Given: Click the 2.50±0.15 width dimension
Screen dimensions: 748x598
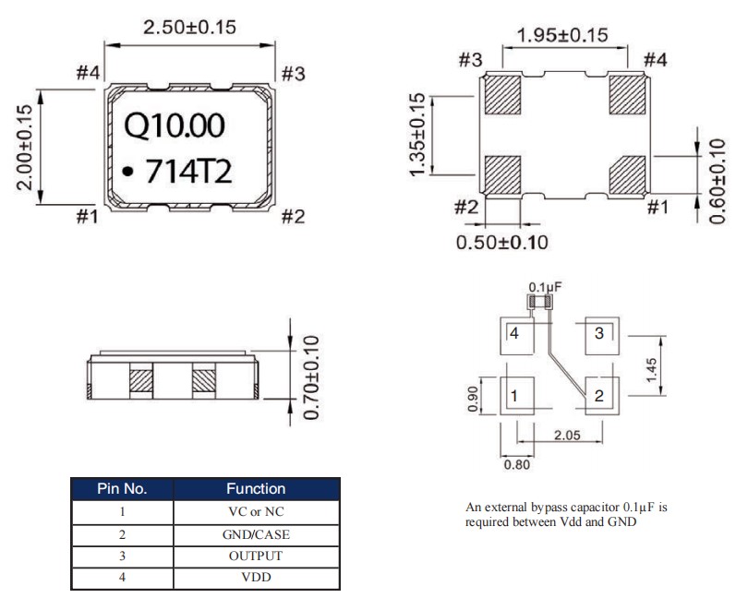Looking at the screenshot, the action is (189, 27).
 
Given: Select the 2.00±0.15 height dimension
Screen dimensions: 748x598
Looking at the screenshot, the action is (25, 148).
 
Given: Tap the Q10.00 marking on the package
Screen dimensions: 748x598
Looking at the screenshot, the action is (175, 126).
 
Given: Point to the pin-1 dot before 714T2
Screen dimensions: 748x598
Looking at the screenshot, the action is (127, 171).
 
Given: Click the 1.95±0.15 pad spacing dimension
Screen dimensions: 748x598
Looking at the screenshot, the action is (562, 35).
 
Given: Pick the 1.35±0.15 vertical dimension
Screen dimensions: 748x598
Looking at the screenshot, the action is (417, 135).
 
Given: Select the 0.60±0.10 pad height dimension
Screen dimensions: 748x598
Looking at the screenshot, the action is (717, 181).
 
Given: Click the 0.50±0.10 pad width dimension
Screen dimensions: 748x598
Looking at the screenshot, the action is (501, 243).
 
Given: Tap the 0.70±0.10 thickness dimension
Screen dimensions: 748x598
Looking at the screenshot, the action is (310, 377).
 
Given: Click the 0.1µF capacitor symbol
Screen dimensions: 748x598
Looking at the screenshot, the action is (539, 302).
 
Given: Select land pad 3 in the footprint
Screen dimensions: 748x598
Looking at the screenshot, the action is (602, 336).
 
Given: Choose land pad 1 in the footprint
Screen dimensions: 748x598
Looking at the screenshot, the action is (516, 396).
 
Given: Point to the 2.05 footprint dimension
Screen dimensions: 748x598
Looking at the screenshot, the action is (567, 435).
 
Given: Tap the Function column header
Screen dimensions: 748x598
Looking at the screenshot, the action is (256, 488).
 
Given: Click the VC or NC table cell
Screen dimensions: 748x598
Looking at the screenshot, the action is (256, 511).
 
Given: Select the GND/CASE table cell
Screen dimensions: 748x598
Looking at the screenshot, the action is (256, 534).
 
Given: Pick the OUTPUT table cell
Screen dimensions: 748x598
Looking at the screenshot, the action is (256, 556).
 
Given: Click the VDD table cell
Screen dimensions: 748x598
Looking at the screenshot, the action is (256, 578).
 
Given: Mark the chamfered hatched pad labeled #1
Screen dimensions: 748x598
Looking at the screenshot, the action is (627, 175).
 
